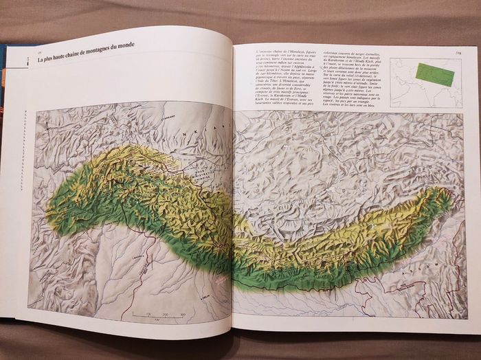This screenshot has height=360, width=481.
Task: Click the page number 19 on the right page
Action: pos(456,49)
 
